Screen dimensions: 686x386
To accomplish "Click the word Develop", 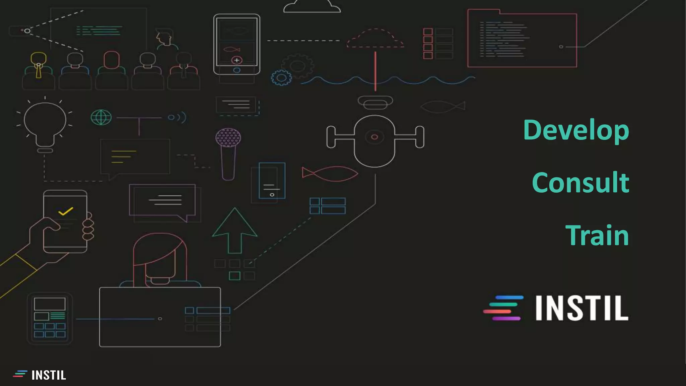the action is click(576, 130).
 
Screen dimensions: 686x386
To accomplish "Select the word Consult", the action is click(580, 183).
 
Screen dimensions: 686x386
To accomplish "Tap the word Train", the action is click(597, 235).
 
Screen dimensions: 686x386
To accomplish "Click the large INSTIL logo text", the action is click(581, 308).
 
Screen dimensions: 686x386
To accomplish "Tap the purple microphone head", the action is click(228, 138).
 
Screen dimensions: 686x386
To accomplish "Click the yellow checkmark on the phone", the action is click(65, 211).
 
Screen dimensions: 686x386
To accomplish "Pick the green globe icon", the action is click(101, 117).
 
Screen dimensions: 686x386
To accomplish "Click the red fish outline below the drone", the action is click(330, 174).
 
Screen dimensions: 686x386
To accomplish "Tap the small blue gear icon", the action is click(281, 78).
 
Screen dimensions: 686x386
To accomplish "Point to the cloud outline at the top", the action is click(312, 6).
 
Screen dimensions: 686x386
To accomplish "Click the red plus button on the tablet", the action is click(237, 60).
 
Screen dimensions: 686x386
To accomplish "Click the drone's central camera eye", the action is click(374, 137).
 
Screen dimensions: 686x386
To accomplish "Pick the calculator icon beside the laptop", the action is click(50, 318).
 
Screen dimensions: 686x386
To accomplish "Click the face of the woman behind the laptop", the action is click(160, 265).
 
